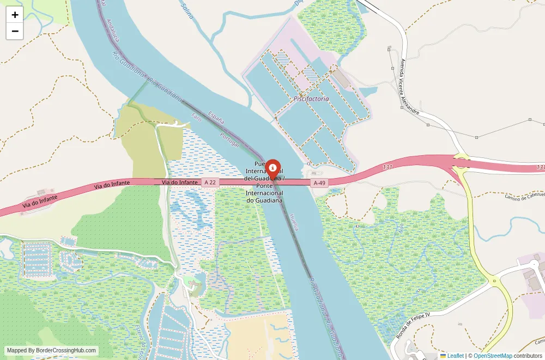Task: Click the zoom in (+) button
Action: click(15, 15)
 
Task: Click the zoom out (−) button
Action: click(15, 31)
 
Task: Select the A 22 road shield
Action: click(210, 182)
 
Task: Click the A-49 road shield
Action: click(319, 183)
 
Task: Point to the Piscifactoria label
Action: click(311, 99)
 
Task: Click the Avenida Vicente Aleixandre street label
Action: click(409, 87)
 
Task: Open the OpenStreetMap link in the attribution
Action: click(493, 356)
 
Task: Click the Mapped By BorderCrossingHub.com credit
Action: click(52, 351)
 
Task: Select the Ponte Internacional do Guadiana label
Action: click(264, 193)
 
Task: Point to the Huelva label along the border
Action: click(294, 221)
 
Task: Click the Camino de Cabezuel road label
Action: click(524, 196)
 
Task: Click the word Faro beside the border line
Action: click(197, 119)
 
